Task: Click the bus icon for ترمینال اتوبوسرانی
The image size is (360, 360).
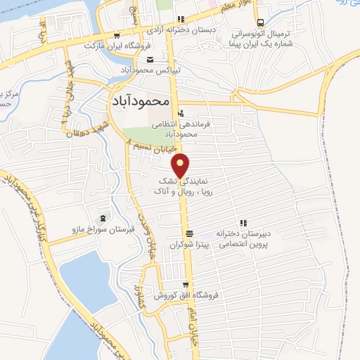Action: coord(261,22)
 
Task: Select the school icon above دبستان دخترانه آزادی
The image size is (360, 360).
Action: coord(181,20)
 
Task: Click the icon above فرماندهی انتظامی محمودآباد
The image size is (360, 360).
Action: coord(181,112)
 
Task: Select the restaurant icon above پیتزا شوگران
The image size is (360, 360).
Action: coord(188,234)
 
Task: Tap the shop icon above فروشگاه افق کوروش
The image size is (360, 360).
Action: coord(186,285)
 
